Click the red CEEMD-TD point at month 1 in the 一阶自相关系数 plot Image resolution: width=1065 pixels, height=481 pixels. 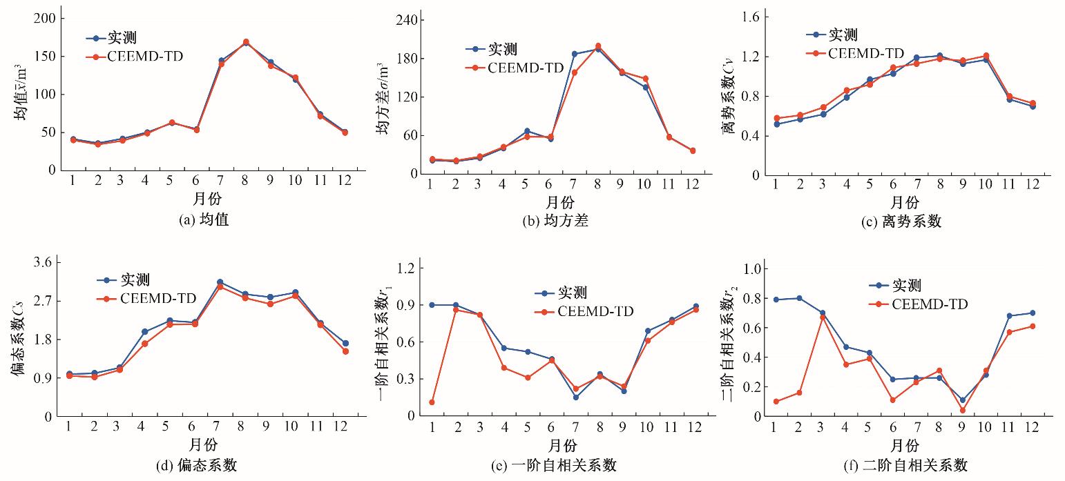tap(432, 402)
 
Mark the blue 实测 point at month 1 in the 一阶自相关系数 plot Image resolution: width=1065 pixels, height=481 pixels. tap(432, 304)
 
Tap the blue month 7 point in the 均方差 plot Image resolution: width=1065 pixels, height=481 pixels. tap(574, 53)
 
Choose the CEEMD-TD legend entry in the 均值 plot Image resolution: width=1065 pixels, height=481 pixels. tap(144, 57)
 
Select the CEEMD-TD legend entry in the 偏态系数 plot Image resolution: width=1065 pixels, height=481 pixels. tap(157, 298)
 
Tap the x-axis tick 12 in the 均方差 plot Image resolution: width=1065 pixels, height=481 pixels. tap(693, 184)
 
